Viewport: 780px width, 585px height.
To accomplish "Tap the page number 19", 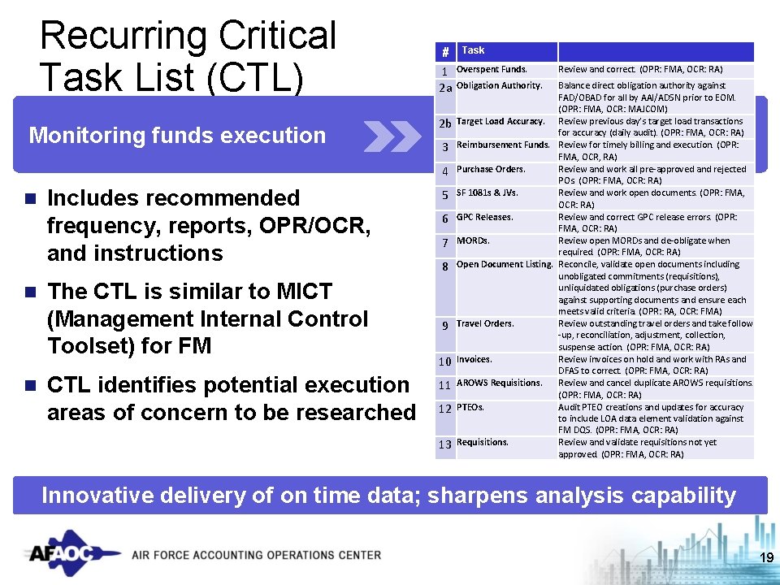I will point(765,557).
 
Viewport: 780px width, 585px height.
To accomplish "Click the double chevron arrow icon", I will point(392,136).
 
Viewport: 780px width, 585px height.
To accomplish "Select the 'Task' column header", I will point(473,50).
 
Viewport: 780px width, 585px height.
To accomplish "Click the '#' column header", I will point(445,52).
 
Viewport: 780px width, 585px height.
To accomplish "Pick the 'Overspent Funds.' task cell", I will point(492,70).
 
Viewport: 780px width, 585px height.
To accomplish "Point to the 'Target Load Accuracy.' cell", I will point(500,121).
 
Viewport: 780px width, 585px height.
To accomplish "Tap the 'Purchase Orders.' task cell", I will point(491,169).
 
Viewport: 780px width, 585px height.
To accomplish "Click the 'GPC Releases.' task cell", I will point(484,217).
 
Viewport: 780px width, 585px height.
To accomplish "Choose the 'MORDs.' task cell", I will point(473,240).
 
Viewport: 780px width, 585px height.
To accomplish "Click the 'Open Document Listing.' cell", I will point(505,265).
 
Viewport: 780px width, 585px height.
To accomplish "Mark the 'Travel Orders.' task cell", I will point(485,323).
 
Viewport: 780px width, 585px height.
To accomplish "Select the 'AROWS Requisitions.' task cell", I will point(499,383).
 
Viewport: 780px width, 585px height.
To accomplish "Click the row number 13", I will point(444,444).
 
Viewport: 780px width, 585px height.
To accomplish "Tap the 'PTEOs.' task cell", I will point(470,407).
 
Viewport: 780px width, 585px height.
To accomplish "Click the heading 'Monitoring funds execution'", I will point(177,136).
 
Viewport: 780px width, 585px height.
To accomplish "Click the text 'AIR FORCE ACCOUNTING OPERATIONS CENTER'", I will point(256,555).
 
